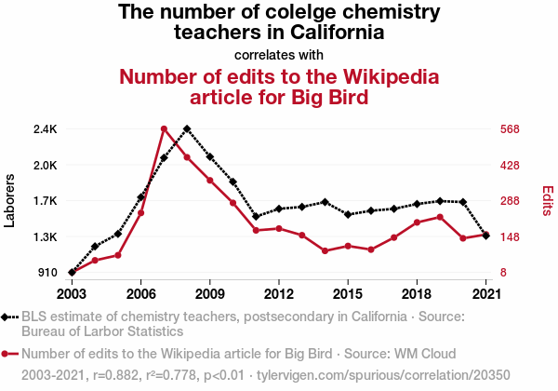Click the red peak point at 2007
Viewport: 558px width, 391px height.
pyautogui.click(x=164, y=128)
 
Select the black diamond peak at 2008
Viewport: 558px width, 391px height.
pyautogui.click(x=187, y=128)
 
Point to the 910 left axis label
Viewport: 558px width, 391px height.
pyautogui.click(x=47, y=273)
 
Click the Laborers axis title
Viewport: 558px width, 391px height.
pyautogui.click(x=10, y=200)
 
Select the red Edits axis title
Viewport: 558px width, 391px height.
pyautogui.click(x=548, y=201)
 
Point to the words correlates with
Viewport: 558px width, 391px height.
pyautogui.click(x=279, y=53)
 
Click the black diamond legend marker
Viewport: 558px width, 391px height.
pyautogui.click(x=8, y=317)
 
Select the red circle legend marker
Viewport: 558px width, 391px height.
pyautogui.click(x=8, y=354)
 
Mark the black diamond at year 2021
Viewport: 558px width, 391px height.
pyautogui.click(x=486, y=236)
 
